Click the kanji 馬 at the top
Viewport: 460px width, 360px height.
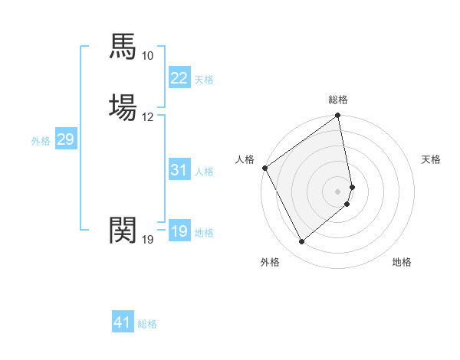tap(123, 47)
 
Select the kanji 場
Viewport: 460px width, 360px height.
tap(123, 108)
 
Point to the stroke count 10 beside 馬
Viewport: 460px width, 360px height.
tap(148, 56)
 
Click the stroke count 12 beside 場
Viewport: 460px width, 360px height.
tap(148, 117)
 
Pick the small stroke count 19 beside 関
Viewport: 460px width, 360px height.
tap(148, 240)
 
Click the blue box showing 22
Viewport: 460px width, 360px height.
tap(179, 78)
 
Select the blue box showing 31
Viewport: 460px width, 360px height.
tap(179, 170)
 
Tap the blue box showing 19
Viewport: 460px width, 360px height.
tap(179, 231)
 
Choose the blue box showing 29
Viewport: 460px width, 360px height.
tap(66, 139)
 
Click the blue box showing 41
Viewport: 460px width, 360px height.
tap(123, 322)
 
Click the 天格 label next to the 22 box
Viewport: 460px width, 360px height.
tap(204, 79)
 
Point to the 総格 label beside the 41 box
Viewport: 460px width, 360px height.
tap(147, 324)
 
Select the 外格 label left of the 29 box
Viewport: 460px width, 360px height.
tap(41, 140)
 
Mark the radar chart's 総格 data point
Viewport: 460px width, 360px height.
tap(338, 116)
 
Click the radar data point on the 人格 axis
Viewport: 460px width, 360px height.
tap(264, 168)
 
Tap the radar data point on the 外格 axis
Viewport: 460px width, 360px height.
tap(301, 242)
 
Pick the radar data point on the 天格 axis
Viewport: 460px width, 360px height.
tap(352, 186)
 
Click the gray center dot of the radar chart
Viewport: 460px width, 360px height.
tap(338, 191)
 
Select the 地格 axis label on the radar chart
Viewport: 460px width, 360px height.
tap(402, 262)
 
